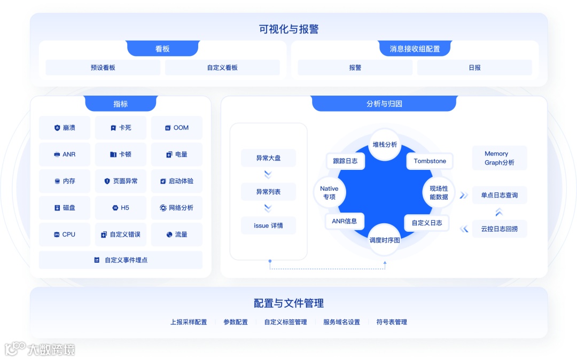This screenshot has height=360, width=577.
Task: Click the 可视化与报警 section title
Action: pyautogui.click(x=288, y=29)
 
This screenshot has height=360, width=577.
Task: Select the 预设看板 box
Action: pyautogui.click(x=103, y=68)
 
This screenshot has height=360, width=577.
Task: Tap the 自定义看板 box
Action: pyautogui.click(x=222, y=68)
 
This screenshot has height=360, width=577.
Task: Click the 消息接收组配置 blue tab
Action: pyautogui.click(x=415, y=49)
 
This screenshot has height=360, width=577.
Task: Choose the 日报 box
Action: pyautogui.click(x=474, y=68)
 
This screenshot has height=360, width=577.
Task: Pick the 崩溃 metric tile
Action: pyautogui.click(x=65, y=128)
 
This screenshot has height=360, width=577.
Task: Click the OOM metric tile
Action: pyautogui.click(x=176, y=128)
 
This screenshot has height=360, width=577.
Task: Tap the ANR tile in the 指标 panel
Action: pyautogui.click(x=65, y=154)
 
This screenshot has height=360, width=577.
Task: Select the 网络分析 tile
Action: pyautogui.click(x=176, y=208)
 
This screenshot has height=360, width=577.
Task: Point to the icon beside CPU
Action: pyautogui.click(x=57, y=234)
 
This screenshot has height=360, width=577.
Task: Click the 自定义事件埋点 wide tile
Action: pyautogui.click(x=121, y=260)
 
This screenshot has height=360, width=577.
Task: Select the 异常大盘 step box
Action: pyautogui.click(x=268, y=158)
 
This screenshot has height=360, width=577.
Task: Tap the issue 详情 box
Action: pyautogui.click(x=268, y=225)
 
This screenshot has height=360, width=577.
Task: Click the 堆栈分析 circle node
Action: pyautogui.click(x=385, y=144)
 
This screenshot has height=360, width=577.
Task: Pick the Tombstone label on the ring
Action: pyautogui.click(x=430, y=161)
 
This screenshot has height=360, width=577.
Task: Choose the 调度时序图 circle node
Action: pyautogui.click(x=385, y=240)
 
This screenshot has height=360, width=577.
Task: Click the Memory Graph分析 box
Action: pyautogui.click(x=499, y=158)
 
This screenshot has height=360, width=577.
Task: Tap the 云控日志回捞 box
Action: pyautogui.click(x=499, y=229)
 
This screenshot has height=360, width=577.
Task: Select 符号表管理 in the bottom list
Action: pyautogui.click(x=392, y=322)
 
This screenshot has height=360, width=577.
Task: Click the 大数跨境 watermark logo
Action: pyautogui.click(x=40, y=349)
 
